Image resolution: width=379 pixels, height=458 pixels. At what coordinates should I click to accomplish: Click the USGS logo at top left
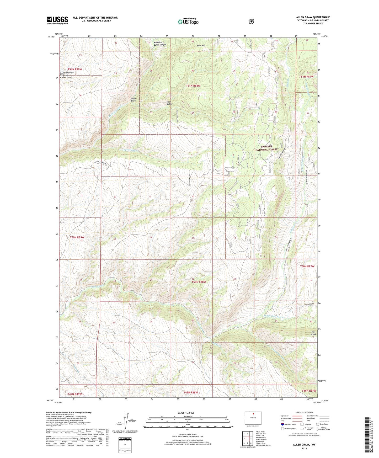click(x=57, y=20)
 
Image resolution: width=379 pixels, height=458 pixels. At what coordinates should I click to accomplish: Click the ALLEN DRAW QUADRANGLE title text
click(x=313, y=17)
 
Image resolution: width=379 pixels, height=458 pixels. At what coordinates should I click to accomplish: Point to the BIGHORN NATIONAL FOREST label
click(x=266, y=148)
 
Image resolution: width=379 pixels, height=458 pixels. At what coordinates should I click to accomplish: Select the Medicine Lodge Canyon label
click(x=160, y=44)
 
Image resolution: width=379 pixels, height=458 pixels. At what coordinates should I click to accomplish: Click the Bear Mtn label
click(x=201, y=45)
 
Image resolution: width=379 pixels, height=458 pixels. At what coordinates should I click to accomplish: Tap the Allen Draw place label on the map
click(x=134, y=100)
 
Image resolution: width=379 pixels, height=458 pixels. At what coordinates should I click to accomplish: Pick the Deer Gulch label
click(x=169, y=103)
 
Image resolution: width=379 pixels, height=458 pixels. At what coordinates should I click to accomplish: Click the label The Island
click(x=313, y=333)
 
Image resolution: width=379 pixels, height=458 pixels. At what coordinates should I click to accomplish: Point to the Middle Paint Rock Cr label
click(x=274, y=317)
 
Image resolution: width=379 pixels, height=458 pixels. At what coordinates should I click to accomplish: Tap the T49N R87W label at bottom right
click(x=308, y=391)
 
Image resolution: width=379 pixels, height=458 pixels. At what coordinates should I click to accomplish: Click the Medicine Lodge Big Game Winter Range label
click(x=66, y=75)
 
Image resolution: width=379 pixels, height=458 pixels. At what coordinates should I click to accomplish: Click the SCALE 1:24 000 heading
click(x=186, y=413)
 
